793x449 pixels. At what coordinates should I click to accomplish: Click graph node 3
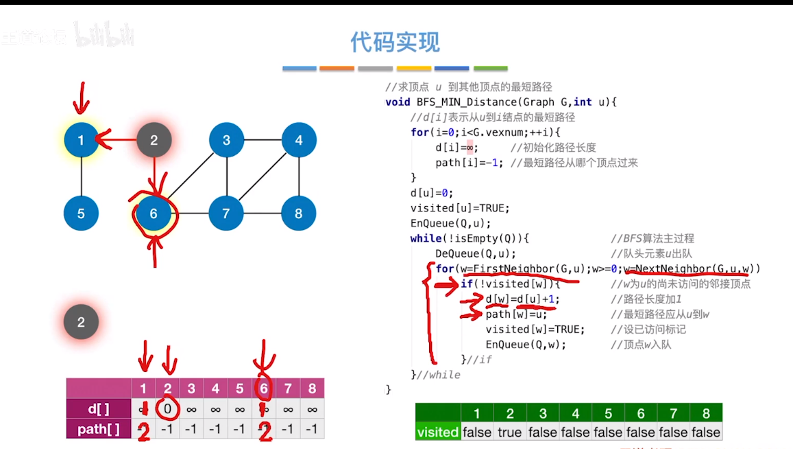(226, 141)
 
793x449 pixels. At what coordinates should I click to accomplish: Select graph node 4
(299, 141)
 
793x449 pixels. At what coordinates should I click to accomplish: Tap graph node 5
(81, 214)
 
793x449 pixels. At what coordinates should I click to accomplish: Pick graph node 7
(226, 214)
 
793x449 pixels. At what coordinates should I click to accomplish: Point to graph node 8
(299, 214)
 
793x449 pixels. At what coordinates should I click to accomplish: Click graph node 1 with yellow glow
(81, 141)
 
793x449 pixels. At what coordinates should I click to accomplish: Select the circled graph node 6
(154, 214)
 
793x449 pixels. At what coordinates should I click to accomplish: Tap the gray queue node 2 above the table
(81, 322)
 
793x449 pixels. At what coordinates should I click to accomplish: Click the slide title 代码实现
(395, 43)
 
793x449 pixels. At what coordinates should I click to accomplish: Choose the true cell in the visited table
(509, 433)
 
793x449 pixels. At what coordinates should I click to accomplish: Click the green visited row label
(437, 433)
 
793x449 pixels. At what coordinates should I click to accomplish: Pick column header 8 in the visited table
(706, 414)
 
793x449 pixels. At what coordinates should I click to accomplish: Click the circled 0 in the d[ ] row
(168, 410)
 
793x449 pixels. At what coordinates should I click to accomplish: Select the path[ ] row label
(99, 429)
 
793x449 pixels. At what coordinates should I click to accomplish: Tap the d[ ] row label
(99, 410)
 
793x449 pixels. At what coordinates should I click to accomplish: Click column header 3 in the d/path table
(191, 389)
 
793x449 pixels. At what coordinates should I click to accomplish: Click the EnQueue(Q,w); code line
(526, 345)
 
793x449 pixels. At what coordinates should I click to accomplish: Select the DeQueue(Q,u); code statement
(476, 253)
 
